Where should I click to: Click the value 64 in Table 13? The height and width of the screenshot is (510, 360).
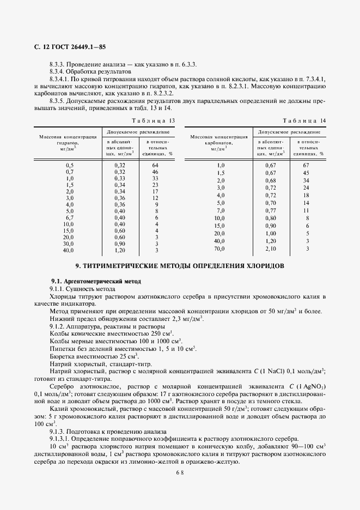coord(155,165)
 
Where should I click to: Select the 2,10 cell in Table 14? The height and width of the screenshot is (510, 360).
coord(270,248)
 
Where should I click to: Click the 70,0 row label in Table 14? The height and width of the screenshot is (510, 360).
coord(221,248)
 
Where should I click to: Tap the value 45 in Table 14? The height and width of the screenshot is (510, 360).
coord(306,173)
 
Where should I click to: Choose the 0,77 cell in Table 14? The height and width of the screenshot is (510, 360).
coord(270,210)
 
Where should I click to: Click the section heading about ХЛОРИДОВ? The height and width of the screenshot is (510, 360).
coord(179,266)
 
